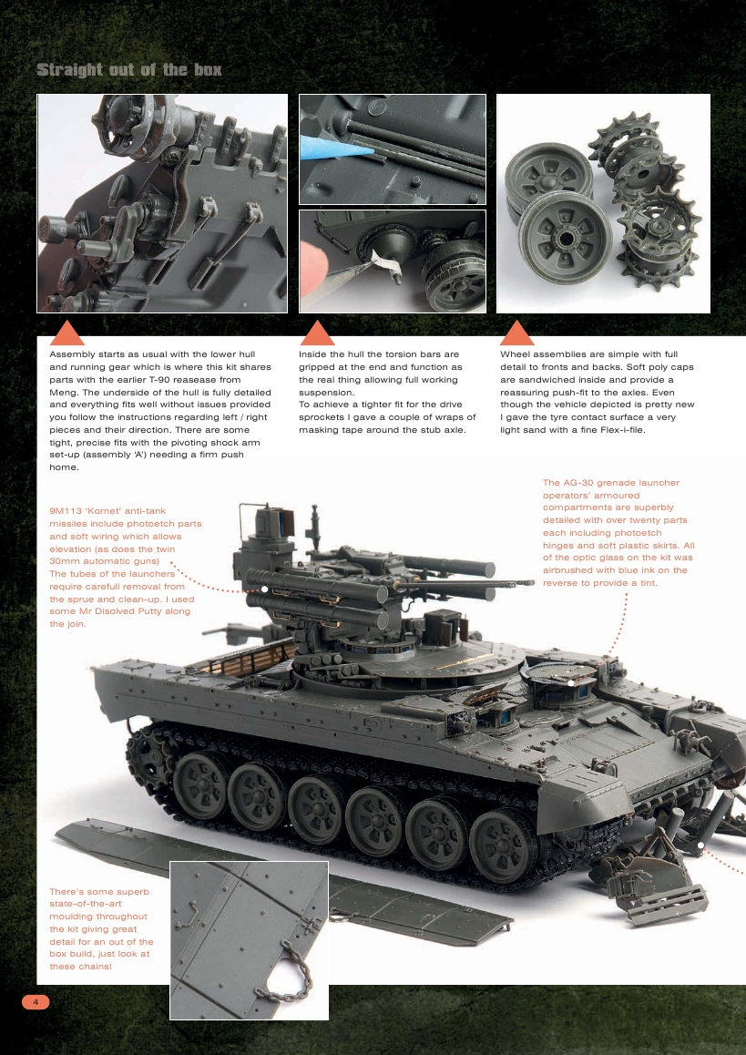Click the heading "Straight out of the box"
coord(128,70)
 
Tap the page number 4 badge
coord(36,1002)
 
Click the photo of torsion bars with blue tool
coord(392,149)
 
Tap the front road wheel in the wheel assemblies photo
coord(554,239)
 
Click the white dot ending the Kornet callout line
coord(264,589)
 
